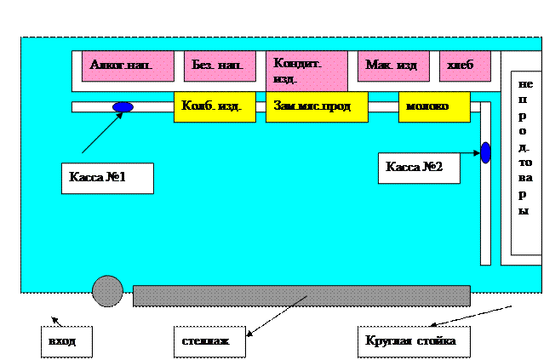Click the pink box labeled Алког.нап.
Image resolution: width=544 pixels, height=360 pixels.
pyautogui.click(x=128, y=66)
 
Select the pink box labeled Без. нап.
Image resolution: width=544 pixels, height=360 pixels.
pyautogui.click(x=218, y=66)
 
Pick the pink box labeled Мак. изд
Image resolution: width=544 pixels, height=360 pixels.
pyautogui.click(x=392, y=66)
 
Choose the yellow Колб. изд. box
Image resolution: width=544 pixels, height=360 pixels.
pyautogui.click(x=214, y=107)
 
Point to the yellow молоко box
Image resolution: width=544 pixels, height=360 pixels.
pyautogui.click(x=434, y=107)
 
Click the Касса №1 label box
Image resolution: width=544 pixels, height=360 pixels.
pyautogui.click(x=107, y=178)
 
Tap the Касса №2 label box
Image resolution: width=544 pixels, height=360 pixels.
pyautogui.click(x=419, y=168)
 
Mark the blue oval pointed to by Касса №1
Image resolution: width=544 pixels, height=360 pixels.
pyautogui.click(x=123, y=107)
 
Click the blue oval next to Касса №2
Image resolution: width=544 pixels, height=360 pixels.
pyautogui.click(x=485, y=153)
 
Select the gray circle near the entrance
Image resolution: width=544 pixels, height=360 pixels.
pyautogui.click(x=107, y=291)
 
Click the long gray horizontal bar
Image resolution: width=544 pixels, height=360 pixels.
pyautogui.click(x=301, y=295)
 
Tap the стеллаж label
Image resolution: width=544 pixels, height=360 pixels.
pyautogui.click(x=209, y=341)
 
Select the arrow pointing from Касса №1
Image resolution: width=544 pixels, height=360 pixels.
pyautogui.click(x=100, y=134)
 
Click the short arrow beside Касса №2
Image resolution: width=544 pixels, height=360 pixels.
pyautogui.click(x=471, y=153)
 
